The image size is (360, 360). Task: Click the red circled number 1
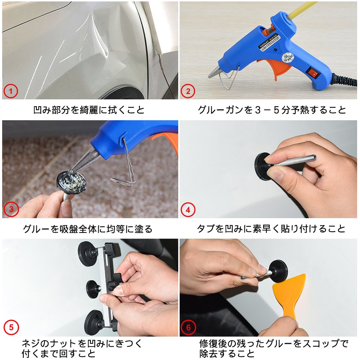coord(10,91)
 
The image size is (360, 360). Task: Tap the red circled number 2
coord(188,91)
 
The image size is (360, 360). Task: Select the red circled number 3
coord(11,209)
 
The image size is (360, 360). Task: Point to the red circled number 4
coord(188,210)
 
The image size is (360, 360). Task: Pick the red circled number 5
coord(11,327)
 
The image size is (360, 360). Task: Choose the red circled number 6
coord(188,327)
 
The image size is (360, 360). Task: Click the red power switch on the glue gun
coord(312,72)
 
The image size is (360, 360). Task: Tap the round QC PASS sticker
coord(287,58)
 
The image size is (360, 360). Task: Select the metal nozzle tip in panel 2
coord(214,72)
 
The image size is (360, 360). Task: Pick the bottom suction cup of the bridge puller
coord(94,323)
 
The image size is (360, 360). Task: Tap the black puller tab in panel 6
coord(278,271)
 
